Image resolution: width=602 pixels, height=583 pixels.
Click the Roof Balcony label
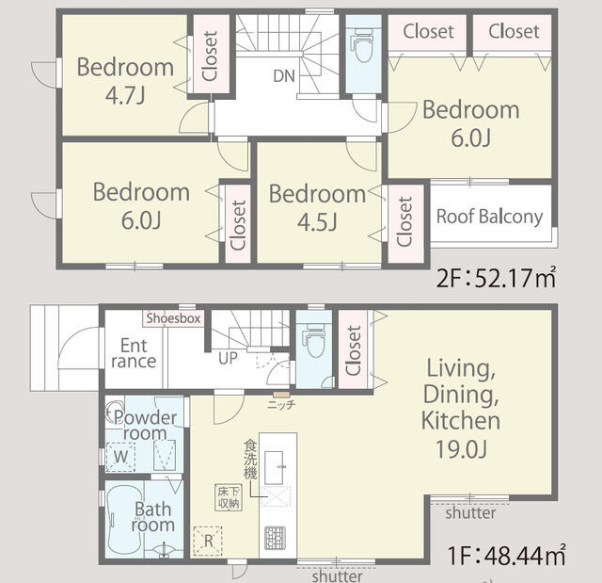[489, 217]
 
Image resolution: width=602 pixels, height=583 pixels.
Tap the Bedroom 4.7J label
[125, 81]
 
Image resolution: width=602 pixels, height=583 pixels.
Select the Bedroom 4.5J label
[317, 207]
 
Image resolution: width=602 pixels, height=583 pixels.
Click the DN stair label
[284, 76]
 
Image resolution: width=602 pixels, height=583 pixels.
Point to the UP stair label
[228, 358]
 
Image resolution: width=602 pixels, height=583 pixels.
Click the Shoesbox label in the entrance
[173, 318]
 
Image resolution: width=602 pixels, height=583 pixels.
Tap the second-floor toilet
[362, 45]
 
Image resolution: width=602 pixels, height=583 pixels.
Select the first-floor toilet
[314, 340]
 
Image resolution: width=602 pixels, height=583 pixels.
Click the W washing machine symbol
[120, 457]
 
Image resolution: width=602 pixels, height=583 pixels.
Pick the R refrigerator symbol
[208, 541]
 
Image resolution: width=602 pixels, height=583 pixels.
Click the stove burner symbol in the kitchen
[275, 538]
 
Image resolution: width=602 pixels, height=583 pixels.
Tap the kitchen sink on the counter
[274, 467]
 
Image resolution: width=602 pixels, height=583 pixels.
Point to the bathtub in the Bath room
[124, 520]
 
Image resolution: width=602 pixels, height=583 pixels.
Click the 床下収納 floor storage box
[229, 497]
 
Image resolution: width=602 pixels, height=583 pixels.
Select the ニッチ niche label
[281, 404]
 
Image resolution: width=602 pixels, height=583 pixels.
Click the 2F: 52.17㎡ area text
[496, 278]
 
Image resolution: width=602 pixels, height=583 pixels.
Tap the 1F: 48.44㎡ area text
[506, 555]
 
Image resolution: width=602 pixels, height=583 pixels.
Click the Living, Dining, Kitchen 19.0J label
[461, 408]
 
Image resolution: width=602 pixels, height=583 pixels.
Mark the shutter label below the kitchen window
[337, 575]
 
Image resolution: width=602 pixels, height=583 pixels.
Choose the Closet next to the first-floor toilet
[353, 350]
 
